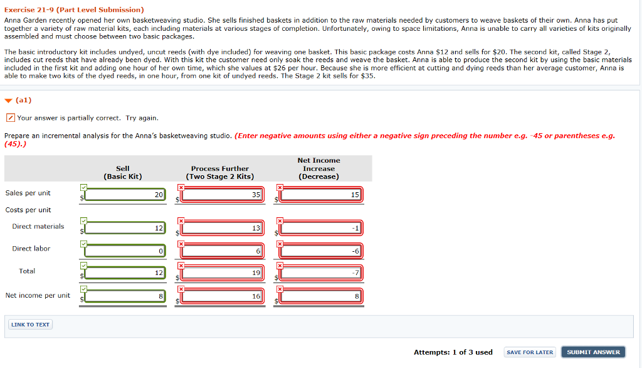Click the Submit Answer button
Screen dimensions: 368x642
click(x=593, y=352)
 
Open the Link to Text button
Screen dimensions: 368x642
click(x=29, y=325)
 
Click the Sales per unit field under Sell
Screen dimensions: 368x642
click(x=125, y=195)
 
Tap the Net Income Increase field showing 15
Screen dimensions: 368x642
click(x=322, y=195)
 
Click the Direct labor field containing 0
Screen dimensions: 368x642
click(x=125, y=251)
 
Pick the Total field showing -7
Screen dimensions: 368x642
click(x=322, y=273)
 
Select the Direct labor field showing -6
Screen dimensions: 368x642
click(x=322, y=251)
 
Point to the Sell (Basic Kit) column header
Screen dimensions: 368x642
click(x=123, y=172)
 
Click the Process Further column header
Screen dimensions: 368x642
click(x=220, y=172)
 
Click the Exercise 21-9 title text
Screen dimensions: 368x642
click(x=74, y=10)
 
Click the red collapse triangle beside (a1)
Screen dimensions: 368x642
click(x=8, y=100)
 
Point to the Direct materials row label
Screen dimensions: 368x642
click(x=38, y=227)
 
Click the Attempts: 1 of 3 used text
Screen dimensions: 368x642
click(x=453, y=352)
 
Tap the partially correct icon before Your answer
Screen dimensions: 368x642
click(x=10, y=118)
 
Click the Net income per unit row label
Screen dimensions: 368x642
click(x=38, y=296)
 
